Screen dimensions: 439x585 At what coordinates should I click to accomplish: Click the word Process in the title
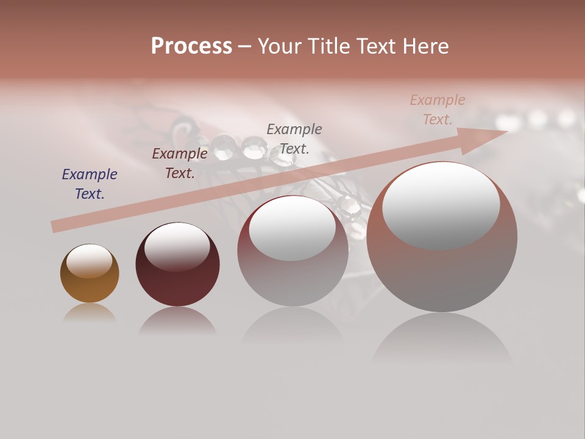191,46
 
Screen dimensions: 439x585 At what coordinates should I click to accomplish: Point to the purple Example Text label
90,184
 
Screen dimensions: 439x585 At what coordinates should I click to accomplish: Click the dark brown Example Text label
180,163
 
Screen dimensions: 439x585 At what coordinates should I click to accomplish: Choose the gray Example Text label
294,138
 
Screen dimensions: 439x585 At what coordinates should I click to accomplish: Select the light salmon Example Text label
438,109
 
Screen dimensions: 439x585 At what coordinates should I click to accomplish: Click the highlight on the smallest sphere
89,261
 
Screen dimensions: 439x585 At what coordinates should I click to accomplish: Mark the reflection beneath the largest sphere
442,338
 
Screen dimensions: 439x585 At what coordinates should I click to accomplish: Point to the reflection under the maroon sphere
177,321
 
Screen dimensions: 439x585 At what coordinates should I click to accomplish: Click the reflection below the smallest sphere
90,313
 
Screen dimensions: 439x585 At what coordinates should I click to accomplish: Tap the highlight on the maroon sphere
177,246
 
